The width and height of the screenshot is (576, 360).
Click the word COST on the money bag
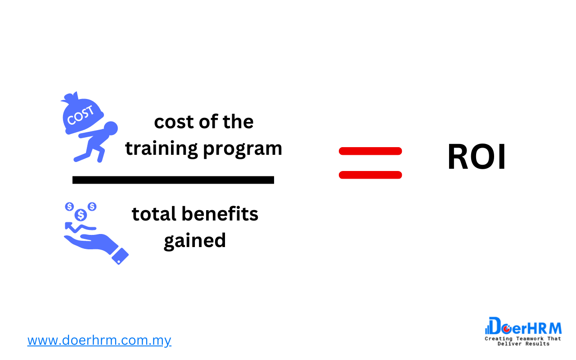click(x=81, y=115)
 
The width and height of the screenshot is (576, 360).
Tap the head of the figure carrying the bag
click(x=110, y=129)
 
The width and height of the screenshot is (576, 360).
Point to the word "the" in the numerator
click(x=238, y=121)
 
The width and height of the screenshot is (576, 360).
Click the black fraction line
click(x=173, y=180)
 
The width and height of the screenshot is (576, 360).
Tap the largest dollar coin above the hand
click(x=81, y=215)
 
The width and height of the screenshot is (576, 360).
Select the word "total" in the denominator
click(x=154, y=214)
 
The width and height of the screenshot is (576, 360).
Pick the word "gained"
click(x=194, y=241)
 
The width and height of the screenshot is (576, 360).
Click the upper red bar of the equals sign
click(x=370, y=151)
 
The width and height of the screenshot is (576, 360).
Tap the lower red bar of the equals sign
click(x=370, y=175)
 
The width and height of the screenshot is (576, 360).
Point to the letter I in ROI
click(x=502, y=157)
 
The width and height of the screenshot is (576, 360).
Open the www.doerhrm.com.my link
click(x=99, y=340)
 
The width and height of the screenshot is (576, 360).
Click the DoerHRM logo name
click(x=524, y=326)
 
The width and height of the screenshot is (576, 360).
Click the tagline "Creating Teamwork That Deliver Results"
click(x=523, y=341)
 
